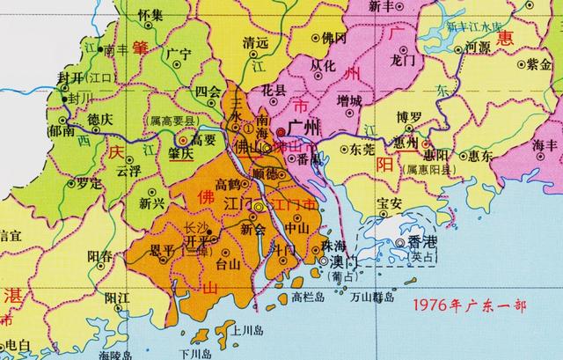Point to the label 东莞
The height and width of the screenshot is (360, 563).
pos(362,151)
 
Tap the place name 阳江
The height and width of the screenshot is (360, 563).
pos(117,298)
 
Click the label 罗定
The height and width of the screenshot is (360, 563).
pos(113,184)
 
